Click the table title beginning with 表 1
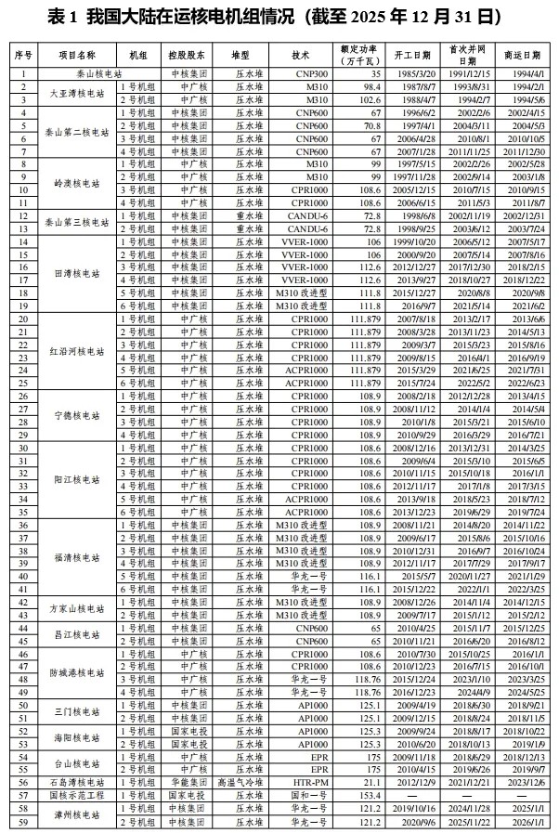click(279, 17)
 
